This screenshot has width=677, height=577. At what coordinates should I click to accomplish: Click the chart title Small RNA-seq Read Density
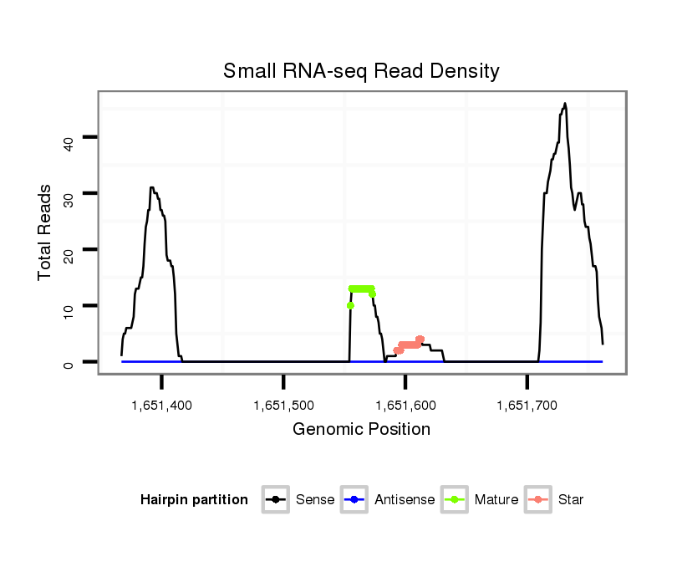click(361, 72)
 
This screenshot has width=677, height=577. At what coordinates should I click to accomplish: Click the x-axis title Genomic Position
click(361, 430)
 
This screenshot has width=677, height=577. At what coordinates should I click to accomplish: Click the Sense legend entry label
click(315, 500)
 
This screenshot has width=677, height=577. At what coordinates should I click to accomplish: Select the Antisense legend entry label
click(405, 500)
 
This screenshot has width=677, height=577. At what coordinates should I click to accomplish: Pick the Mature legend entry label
click(496, 500)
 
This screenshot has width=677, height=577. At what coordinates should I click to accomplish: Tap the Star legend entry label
click(571, 500)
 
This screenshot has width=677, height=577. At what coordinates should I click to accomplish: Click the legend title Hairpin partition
click(194, 500)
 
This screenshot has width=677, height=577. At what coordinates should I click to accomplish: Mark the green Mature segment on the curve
click(361, 289)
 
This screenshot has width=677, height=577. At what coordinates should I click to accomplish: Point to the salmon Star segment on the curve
click(410, 344)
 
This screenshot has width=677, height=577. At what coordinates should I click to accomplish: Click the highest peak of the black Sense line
click(565, 105)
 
